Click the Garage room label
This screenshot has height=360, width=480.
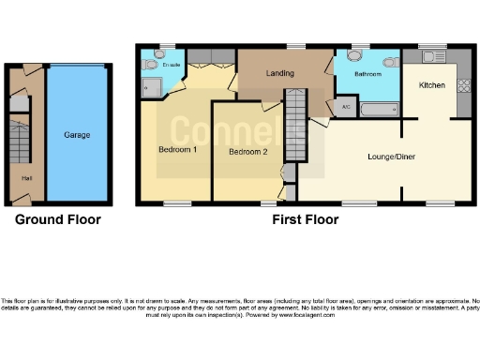tap(77, 135)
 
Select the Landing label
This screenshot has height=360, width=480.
tap(279, 73)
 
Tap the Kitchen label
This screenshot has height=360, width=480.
tap(431, 85)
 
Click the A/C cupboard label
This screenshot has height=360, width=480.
tap(345, 108)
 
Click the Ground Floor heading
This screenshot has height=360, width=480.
tap(57, 219)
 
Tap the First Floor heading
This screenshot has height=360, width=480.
tap(306, 219)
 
